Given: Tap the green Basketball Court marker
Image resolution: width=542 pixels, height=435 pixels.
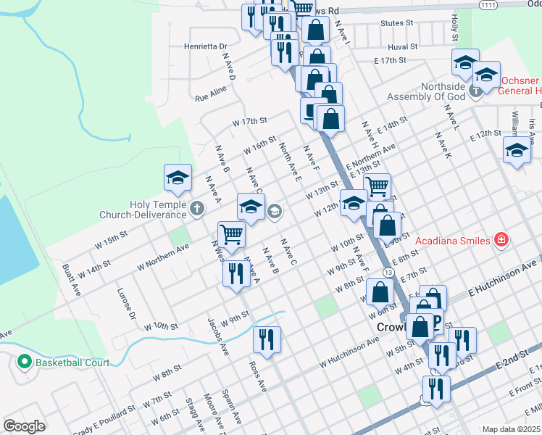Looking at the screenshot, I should click(x=24, y=362).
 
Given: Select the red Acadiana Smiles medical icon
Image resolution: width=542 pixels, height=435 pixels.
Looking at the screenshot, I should click(x=500, y=239).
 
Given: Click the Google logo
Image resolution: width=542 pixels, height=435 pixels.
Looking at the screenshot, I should click(x=24, y=426).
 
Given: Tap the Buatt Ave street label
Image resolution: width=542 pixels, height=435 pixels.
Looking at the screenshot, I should click(x=71, y=279).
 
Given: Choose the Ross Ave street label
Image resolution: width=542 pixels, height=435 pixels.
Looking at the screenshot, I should click(x=257, y=377).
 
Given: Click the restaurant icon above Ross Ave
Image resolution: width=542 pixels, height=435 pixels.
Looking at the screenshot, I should click(x=267, y=339).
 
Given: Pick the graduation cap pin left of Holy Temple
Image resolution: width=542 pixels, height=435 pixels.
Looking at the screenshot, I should click(x=177, y=178).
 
